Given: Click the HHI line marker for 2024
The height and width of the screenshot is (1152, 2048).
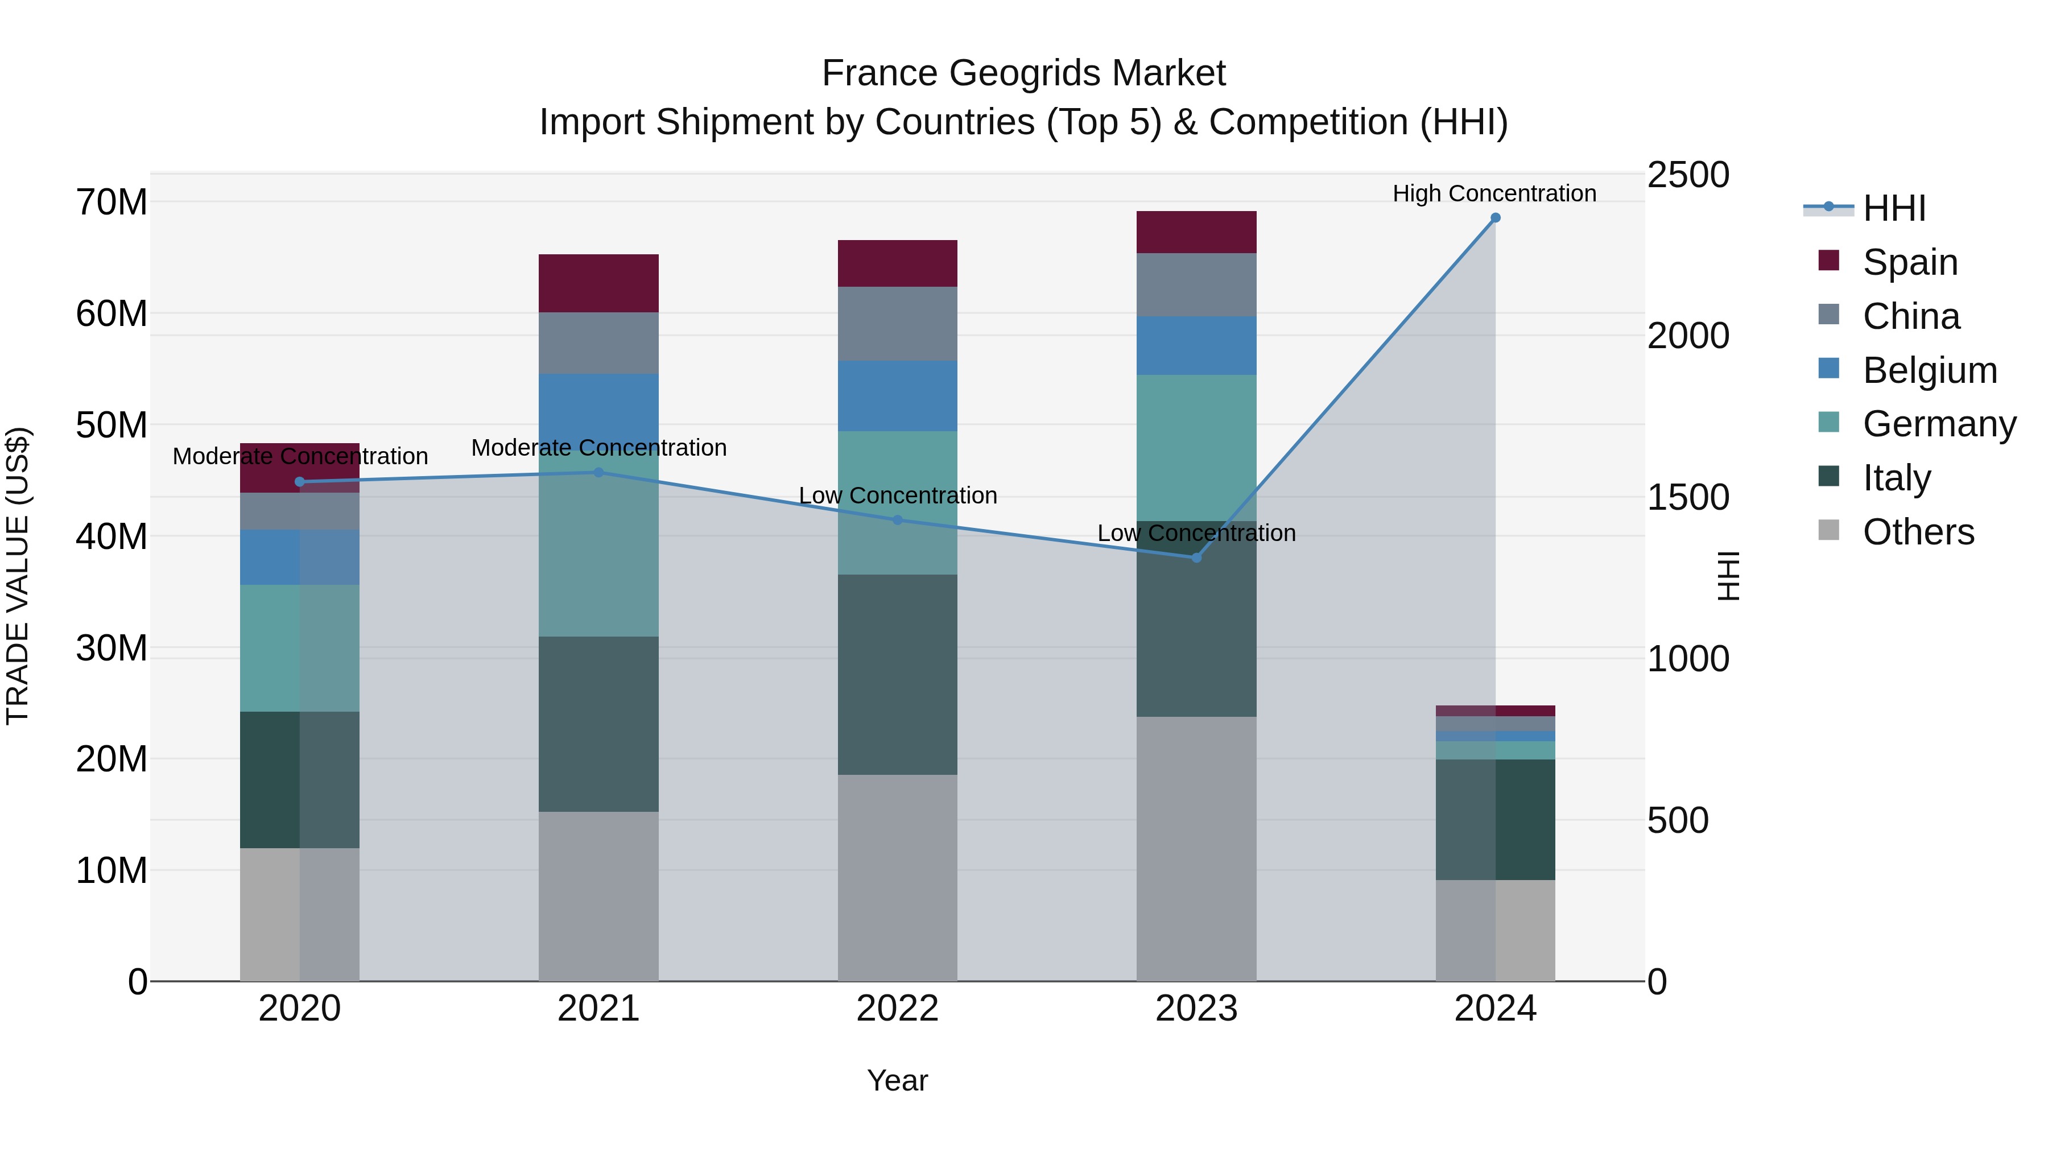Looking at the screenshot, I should [1494, 218].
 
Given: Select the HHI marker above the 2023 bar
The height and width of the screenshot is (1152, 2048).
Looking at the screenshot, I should [1196, 558].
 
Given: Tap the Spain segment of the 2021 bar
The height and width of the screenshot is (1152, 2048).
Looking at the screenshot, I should [598, 283].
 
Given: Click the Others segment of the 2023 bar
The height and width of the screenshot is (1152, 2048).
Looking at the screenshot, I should [1196, 848].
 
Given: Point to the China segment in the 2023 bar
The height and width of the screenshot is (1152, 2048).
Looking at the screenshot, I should [1196, 284].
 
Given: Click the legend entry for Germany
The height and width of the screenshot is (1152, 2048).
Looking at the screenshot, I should [1938, 424].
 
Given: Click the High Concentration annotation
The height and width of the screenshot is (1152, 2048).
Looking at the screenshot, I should [1494, 193].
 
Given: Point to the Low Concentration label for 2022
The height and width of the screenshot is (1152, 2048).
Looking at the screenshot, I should [898, 496].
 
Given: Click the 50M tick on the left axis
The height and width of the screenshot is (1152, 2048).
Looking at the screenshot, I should [112, 426].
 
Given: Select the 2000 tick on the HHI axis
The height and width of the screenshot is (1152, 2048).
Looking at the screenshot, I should [1687, 336].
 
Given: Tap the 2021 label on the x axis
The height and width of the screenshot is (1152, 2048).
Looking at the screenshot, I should [598, 1009].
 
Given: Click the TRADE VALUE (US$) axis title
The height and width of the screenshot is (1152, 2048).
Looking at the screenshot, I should [18, 576].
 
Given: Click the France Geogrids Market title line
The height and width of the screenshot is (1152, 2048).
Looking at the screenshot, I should [1023, 73].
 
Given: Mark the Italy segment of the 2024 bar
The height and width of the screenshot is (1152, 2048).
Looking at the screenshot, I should [1494, 819].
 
